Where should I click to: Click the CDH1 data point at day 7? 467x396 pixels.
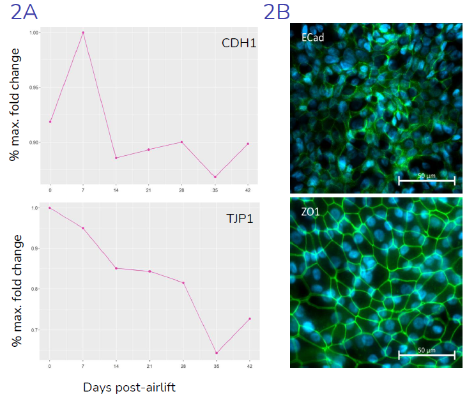click(83, 33)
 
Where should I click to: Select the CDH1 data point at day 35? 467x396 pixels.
click(215, 177)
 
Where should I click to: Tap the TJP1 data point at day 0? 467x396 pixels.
click(50, 208)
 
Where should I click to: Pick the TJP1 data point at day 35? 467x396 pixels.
click(215, 353)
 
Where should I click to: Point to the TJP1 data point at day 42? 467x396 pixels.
click(249, 319)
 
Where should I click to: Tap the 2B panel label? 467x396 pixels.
click(277, 11)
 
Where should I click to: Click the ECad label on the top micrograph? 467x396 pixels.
click(313, 37)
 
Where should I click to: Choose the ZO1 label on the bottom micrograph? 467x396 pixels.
click(311, 211)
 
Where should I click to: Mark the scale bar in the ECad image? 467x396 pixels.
click(427, 181)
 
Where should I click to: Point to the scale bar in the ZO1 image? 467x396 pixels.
click(427, 355)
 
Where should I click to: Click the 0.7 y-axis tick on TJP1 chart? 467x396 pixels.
click(36, 330)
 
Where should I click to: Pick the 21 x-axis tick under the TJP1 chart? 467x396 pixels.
click(149, 366)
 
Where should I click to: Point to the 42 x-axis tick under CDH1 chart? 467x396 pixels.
click(249, 190)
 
